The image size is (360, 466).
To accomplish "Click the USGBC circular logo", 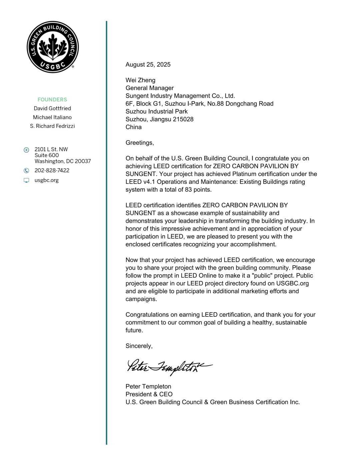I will click(x=53, y=47).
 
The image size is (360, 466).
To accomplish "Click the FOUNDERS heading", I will click(x=52, y=100).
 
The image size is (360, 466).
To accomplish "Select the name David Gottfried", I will click(x=52, y=108).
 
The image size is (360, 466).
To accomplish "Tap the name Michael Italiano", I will click(x=52, y=117).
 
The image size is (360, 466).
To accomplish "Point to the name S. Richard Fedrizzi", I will click(x=52, y=126).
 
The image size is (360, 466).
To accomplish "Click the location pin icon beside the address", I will click(x=26, y=150).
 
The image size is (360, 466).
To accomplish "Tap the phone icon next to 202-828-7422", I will click(x=26, y=171).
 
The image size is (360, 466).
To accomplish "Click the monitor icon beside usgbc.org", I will click(x=26, y=180).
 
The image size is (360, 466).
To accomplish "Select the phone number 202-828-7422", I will click(x=52, y=170).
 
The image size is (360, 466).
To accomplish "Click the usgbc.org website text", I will click(x=47, y=180).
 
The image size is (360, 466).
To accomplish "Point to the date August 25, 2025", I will click(x=148, y=65).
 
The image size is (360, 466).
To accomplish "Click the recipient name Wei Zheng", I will click(x=140, y=80).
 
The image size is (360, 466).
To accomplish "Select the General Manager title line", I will click(x=150, y=88).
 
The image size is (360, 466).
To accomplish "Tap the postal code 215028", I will click(x=183, y=119).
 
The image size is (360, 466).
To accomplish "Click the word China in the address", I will click(x=134, y=127).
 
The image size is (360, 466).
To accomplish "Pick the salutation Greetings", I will click(x=140, y=143).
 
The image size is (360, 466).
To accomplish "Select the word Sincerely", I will click(x=139, y=346).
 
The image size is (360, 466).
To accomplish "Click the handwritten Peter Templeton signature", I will click(x=169, y=367).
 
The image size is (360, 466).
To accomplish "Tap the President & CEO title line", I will click(x=149, y=394).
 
